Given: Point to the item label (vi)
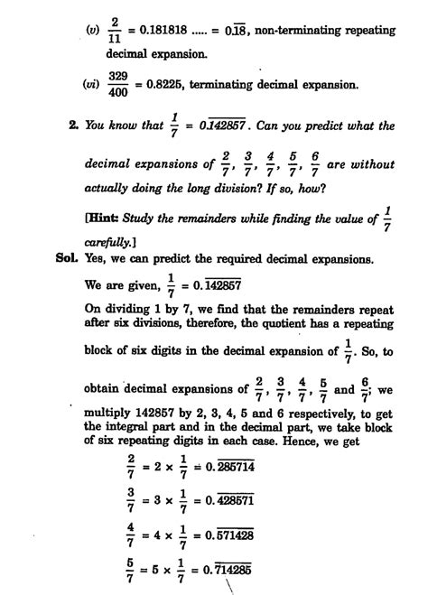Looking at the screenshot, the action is (x=88, y=86).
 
